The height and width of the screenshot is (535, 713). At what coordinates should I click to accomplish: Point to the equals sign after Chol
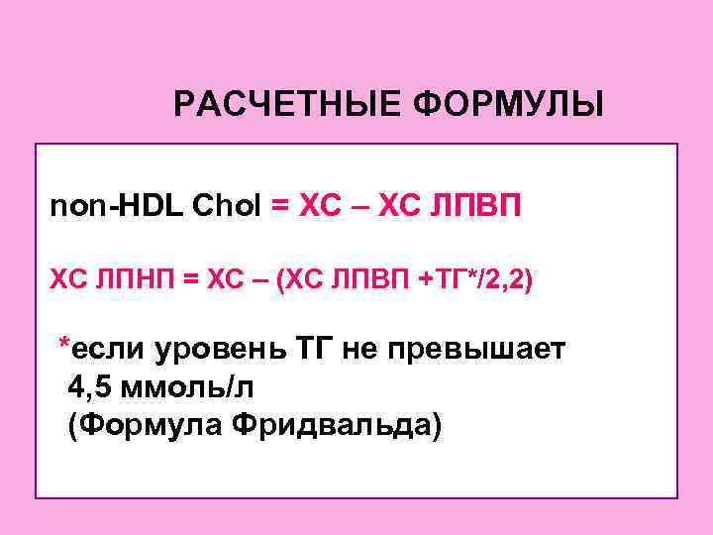pos(281,207)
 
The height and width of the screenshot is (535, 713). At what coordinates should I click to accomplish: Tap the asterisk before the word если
pos(64,344)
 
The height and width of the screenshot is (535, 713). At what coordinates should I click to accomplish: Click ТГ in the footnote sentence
pos(318,349)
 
